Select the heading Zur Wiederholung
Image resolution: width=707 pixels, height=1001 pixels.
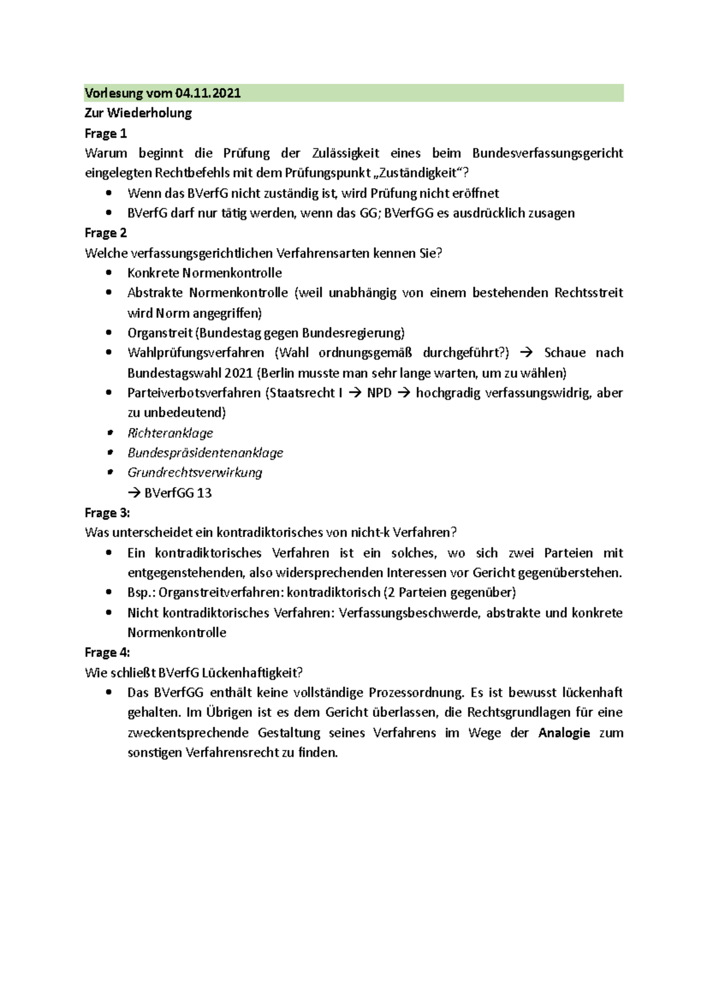[138, 113]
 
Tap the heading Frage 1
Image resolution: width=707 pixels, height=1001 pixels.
[106, 133]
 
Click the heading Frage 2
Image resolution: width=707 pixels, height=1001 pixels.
[106, 233]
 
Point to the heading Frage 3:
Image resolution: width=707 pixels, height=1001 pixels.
[107, 513]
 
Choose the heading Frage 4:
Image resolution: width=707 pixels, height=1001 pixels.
[107, 653]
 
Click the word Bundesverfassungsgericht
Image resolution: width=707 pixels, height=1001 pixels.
[547, 153]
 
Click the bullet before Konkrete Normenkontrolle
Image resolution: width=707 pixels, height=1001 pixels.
[108, 273]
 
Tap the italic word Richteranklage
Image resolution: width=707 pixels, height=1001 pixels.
[170, 433]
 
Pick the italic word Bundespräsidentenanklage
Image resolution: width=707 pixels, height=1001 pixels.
[205, 453]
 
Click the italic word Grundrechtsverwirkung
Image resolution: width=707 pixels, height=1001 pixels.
[194, 473]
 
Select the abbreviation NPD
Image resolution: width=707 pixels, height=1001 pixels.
[379, 393]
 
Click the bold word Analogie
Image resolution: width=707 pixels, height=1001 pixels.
[564, 733]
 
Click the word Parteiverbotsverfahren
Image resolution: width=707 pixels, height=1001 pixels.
[194, 393]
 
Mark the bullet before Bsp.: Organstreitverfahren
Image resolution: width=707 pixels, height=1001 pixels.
[108, 592]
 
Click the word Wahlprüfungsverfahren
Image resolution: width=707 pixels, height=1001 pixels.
[196, 353]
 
